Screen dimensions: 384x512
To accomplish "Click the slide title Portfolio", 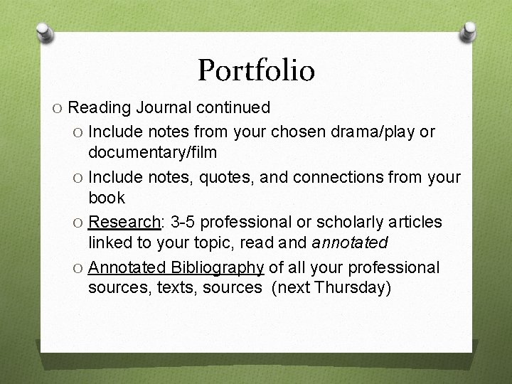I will [x=256, y=70].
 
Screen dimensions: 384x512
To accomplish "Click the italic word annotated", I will [x=348, y=242].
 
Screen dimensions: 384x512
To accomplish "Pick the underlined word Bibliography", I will [x=216, y=267].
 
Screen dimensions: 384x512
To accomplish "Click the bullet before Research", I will [x=78, y=223].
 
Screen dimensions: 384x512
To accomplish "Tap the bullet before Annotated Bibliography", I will [x=78, y=268].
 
